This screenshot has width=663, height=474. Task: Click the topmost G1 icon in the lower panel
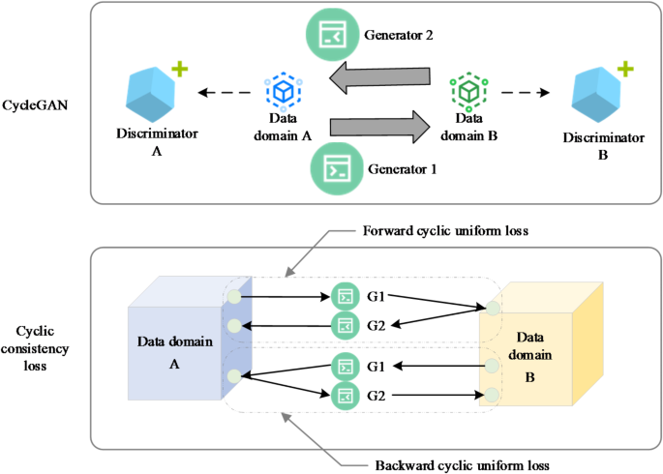coord(345,295)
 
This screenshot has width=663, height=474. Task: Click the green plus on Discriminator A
coord(179,70)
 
